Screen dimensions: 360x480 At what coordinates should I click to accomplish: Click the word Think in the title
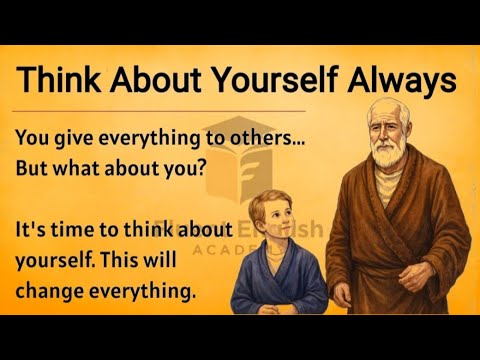coord(61,79)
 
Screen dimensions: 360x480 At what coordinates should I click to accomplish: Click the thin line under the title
coord(160,111)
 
